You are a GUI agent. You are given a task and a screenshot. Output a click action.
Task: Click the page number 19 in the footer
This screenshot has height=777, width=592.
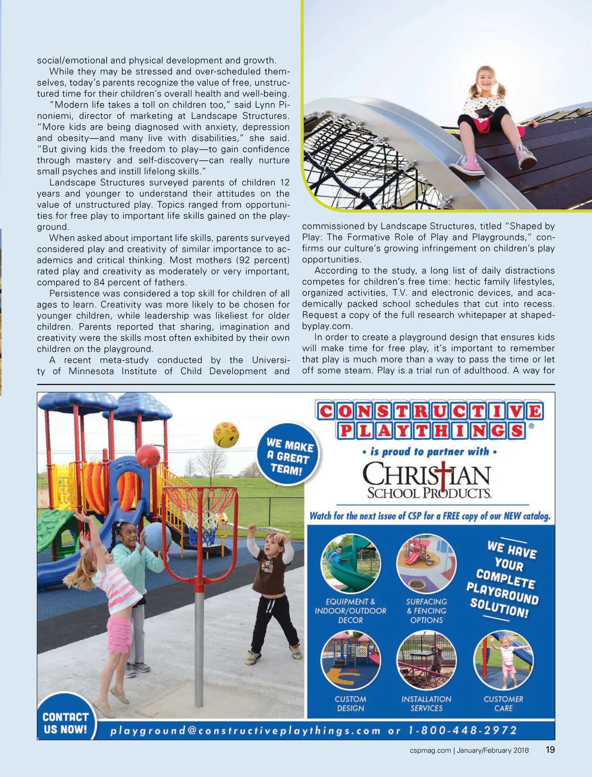click(x=550, y=750)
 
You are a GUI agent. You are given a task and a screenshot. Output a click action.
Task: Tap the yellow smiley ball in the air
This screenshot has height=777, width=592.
click(x=225, y=435)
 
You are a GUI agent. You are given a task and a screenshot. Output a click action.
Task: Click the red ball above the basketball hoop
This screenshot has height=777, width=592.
click(x=148, y=456)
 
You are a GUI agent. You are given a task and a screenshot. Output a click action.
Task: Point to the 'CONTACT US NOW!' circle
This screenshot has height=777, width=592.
click(x=65, y=722)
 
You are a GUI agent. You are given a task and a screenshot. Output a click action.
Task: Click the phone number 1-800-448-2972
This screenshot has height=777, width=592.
click(x=463, y=730)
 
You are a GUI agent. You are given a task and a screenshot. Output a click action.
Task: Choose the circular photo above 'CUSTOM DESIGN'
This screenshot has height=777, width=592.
click(x=350, y=660)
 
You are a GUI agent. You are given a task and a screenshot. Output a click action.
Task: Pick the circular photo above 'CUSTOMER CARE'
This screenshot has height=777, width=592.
click(x=503, y=660)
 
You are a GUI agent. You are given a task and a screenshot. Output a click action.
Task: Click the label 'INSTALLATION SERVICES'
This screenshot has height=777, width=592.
click(x=426, y=703)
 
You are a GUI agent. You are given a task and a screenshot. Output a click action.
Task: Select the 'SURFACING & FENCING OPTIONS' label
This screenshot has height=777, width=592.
click(x=426, y=611)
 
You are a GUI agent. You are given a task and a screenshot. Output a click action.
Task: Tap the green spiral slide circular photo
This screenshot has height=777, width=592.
click(x=350, y=564)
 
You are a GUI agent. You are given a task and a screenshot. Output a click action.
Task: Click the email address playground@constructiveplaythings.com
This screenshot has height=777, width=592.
click(x=245, y=731)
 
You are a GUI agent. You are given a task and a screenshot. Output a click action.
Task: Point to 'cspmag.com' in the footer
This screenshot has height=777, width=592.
click(x=430, y=750)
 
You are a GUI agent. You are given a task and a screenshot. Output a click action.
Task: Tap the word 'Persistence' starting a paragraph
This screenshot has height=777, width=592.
click(x=74, y=294)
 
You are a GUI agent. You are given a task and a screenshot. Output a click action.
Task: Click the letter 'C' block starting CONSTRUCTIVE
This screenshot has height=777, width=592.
click(x=326, y=411)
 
